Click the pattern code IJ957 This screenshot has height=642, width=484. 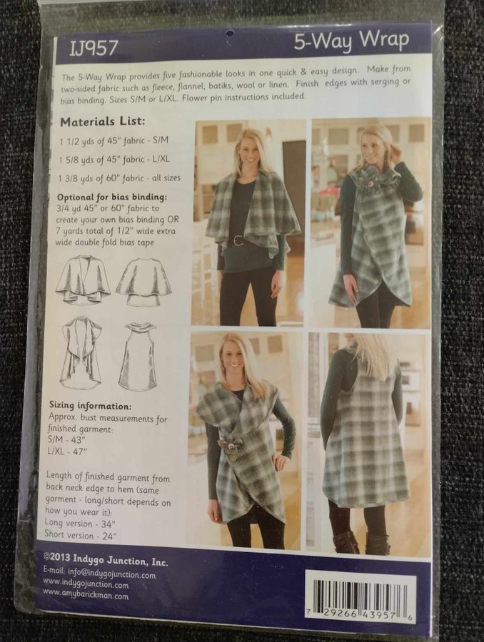click(x=94, y=49)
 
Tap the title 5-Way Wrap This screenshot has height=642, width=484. click(x=352, y=41)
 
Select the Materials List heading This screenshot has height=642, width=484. click(x=103, y=121)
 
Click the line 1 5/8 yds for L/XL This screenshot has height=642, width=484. click(x=114, y=159)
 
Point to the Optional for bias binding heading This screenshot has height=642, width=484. click(x=112, y=197)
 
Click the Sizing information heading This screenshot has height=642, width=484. click(x=90, y=406)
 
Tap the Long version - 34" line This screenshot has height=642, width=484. click(x=80, y=523)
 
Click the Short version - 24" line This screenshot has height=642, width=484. click(x=81, y=535)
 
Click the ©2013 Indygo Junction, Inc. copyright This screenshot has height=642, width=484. click(x=106, y=560)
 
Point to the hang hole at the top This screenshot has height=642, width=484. click(x=231, y=33)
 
